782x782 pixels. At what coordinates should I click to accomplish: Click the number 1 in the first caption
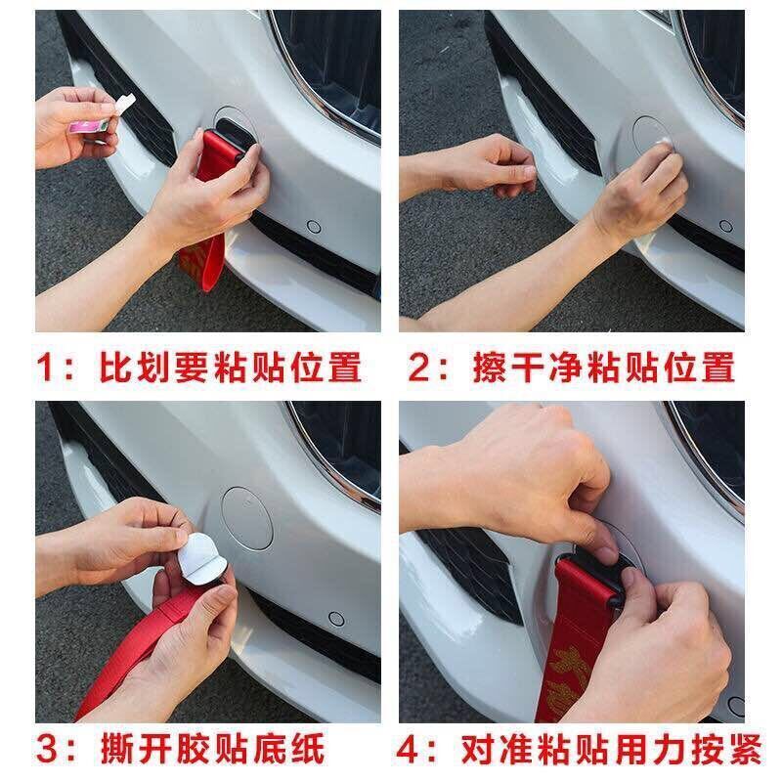pos(47,368)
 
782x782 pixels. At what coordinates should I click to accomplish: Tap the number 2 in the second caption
pos(419,368)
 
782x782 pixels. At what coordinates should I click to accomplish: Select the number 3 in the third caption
pos(47,749)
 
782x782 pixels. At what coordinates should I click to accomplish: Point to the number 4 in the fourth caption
pos(409,749)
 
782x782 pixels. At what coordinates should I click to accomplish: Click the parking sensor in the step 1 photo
pos(313,227)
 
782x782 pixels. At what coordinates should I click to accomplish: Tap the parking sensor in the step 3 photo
pos(337,619)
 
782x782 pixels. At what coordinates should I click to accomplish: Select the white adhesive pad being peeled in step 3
pos(202,553)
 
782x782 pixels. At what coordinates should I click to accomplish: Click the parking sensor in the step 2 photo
pos(726,227)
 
